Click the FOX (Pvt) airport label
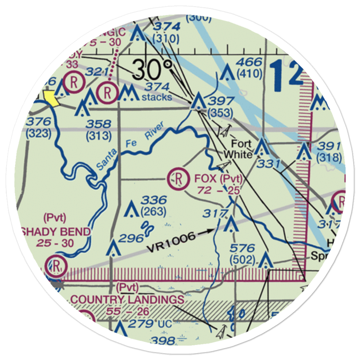click(219, 178)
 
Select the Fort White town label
click(238, 149)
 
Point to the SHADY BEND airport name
click(55, 231)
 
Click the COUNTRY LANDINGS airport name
click(127, 299)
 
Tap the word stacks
click(157, 97)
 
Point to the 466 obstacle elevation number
click(249, 62)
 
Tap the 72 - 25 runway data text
click(219, 190)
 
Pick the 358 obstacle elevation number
click(98, 125)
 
